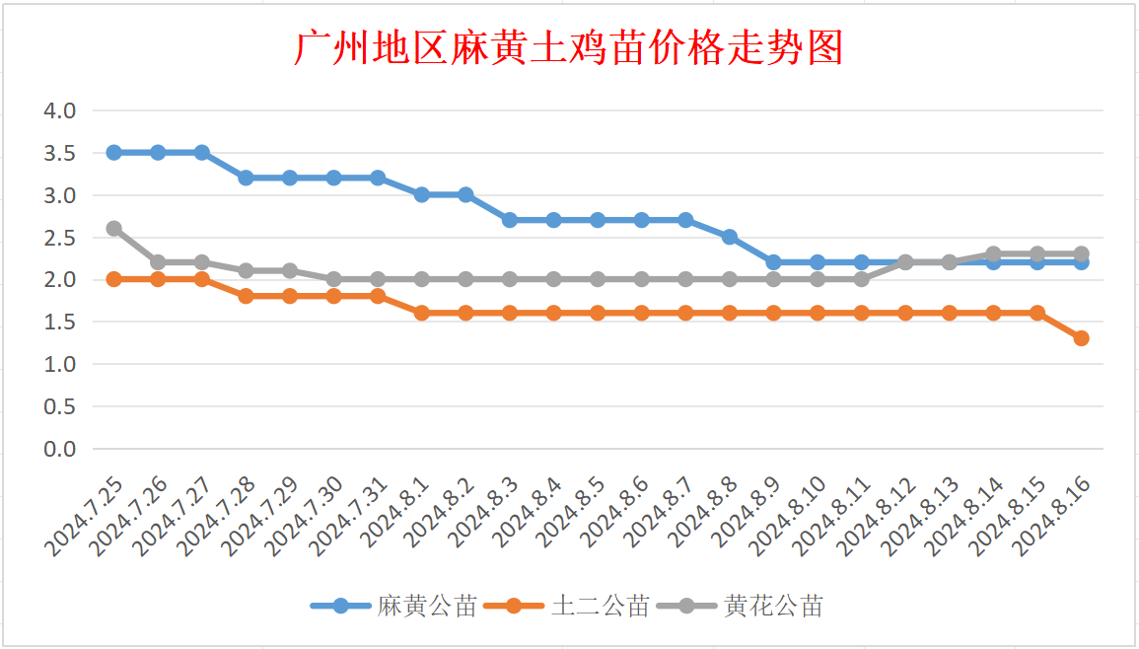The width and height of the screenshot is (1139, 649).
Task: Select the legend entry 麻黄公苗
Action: (427, 606)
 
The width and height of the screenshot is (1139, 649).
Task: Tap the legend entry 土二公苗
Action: (600, 606)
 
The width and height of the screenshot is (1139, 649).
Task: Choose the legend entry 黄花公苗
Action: (772, 606)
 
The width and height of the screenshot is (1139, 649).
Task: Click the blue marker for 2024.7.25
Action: (114, 153)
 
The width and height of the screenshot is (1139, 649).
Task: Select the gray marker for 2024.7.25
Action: (114, 229)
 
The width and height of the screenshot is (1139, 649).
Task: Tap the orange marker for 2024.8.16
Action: (1081, 338)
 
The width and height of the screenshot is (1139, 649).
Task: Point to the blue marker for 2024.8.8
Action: (730, 237)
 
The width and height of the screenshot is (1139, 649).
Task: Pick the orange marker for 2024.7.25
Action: (114, 279)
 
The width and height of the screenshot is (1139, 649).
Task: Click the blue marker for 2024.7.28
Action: (247, 178)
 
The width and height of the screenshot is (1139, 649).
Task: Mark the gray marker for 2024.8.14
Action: (993, 254)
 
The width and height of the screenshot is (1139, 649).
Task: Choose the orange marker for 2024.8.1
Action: (422, 313)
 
